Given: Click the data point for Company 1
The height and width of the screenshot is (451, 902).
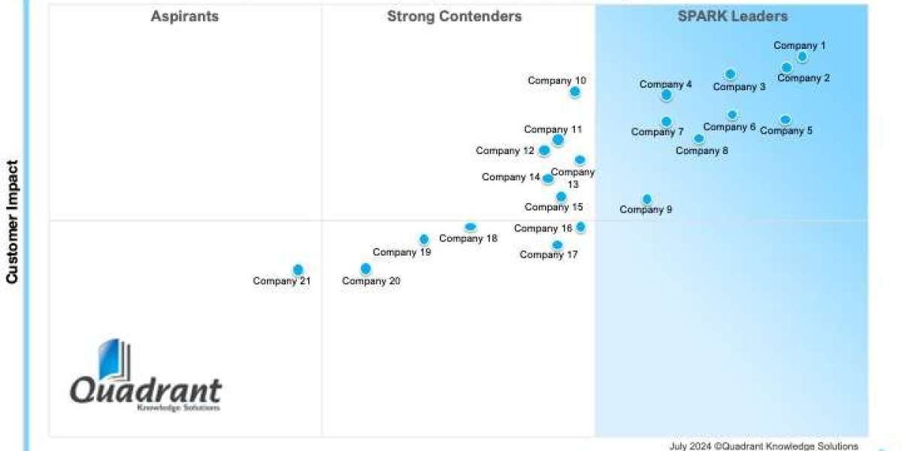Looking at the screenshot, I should (802, 56).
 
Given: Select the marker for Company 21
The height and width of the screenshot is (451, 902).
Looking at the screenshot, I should (298, 270).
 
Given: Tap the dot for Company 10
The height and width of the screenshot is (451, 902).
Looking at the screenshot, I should (575, 92).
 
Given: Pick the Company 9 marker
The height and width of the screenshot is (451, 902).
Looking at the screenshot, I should (647, 199).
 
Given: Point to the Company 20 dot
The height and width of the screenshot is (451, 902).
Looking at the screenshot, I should (365, 268).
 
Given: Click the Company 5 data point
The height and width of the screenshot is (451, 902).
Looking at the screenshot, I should (785, 120).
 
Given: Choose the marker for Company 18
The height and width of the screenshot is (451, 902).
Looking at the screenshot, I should (471, 227).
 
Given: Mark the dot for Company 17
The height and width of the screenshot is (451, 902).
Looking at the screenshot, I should (557, 245).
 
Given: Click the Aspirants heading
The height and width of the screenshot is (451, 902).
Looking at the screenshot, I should (185, 17).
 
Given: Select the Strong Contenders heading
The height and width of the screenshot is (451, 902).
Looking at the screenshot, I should (454, 17).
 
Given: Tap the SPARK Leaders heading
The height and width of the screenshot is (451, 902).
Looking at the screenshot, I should (733, 17).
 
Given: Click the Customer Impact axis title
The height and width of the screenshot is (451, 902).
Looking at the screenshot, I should (12, 222).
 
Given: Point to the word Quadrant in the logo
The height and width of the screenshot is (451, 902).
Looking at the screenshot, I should (146, 391).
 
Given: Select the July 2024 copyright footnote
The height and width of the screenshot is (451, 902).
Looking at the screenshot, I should (764, 446).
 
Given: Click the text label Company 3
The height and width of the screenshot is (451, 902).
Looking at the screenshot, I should (739, 86).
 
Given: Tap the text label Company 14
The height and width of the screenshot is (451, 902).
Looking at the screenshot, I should (511, 177).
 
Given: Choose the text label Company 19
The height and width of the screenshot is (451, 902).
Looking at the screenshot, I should (401, 253).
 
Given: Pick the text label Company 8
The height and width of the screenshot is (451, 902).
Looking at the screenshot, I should (702, 150).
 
